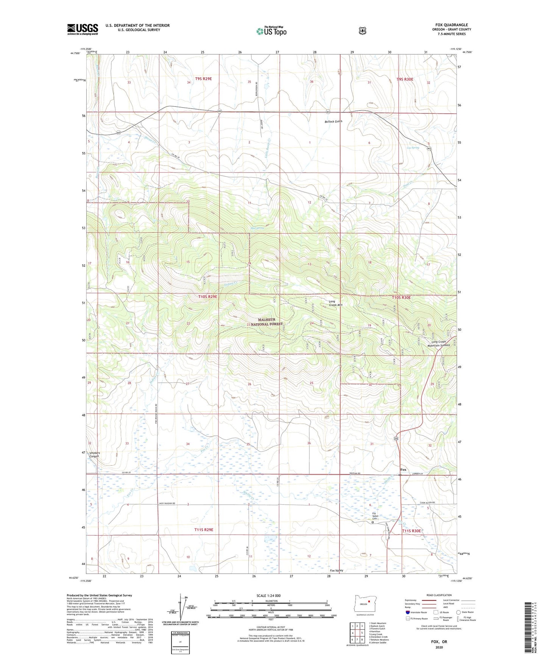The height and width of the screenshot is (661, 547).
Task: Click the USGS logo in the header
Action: [x=83, y=29]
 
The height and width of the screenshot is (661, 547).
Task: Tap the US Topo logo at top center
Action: [x=271, y=31]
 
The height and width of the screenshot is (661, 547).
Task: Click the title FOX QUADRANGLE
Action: [x=451, y=25]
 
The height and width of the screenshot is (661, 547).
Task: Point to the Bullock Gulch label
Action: [x=333, y=122]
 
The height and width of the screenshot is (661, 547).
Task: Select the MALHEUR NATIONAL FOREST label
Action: [x=267, y=322]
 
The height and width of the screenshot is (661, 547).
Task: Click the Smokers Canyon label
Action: [x=94, y=454]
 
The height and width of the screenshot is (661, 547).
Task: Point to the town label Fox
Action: [x=403, y=469]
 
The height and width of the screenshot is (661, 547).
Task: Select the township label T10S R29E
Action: [x=208, y=297]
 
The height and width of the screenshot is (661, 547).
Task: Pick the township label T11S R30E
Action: [x=411, y=531]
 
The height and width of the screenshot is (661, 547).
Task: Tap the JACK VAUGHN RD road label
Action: [x=169, y=504]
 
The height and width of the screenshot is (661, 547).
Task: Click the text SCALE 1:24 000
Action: [x=268, y=596]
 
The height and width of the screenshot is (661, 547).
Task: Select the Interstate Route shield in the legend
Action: [x=407, y=612]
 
